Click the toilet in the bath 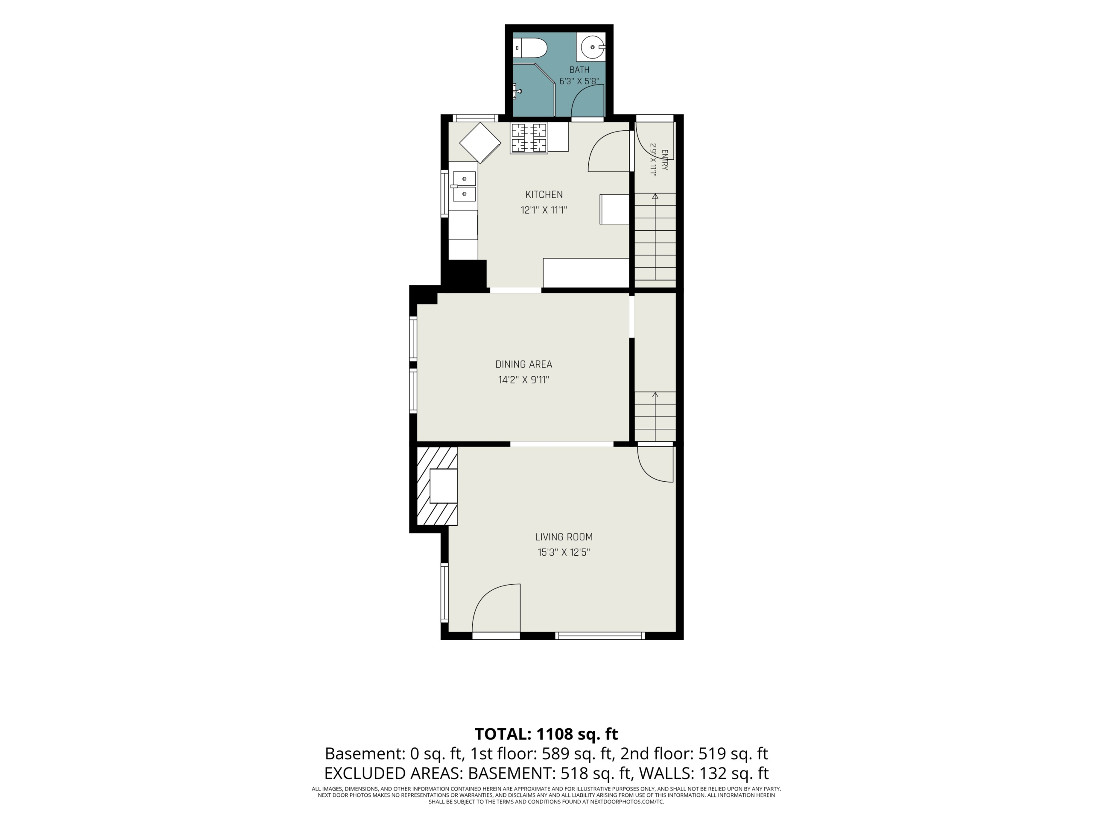tap(530, 48)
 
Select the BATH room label tap(579, 70)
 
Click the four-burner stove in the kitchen tap(529, 138)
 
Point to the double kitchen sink tap(464, 186)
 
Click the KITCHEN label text tap(544, 194)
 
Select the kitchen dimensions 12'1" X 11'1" tap(544, 210)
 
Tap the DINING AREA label tap(524, 364)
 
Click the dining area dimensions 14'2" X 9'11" tap(524, 380)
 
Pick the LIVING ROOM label tap(564, 537)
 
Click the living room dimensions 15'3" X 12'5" tap(564, 552)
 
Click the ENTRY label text tap(665, 160)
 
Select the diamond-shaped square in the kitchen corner tap(480, 143)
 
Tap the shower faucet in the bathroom tap(517, 91)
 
